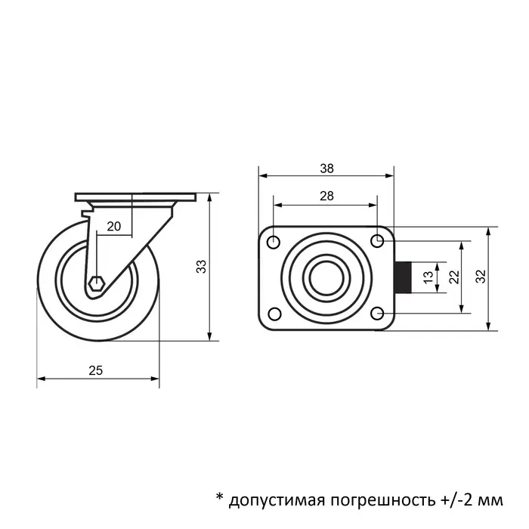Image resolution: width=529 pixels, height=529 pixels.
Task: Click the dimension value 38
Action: (326, 169)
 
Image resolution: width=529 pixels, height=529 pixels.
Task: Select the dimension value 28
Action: (326, 196)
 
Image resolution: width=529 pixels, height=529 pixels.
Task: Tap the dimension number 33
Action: (201, 266)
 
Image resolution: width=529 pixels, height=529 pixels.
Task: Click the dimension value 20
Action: (114, 226)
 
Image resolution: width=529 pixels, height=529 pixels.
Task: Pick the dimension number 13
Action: (428, 278)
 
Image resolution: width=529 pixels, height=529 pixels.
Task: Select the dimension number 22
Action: (454, 277)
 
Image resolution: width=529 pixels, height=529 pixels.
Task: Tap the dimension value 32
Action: (481, 277)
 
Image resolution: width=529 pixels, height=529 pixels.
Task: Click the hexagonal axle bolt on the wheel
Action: (96, 284)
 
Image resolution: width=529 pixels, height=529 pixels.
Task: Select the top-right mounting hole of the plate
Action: (378, 241)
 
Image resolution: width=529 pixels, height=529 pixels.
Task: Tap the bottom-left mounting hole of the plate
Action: (274, 313)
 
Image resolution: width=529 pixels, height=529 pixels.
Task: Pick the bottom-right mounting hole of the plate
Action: (378, 313)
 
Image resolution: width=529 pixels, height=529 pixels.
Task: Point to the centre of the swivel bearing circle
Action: (326, 277)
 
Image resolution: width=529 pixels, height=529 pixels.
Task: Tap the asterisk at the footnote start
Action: (219, 497)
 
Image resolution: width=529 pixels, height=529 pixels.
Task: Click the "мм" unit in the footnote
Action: (490, 500)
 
